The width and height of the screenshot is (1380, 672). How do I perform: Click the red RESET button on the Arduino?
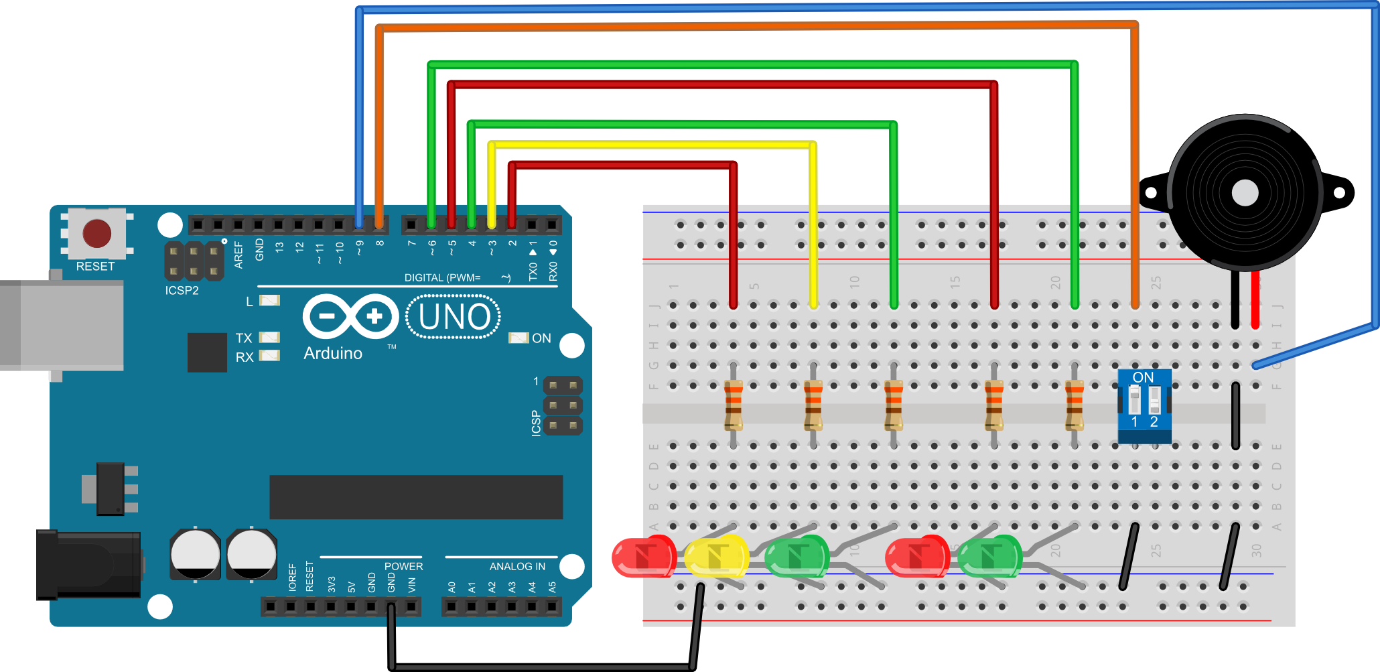point(97,233)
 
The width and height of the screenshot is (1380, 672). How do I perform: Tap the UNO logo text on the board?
point(454,317)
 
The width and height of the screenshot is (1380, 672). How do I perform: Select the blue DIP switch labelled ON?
point(1144,405)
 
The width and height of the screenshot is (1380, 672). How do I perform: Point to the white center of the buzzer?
point(1245,193)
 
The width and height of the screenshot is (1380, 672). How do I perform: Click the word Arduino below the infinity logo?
point(333,353)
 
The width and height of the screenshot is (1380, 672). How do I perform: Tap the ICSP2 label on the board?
point(182,291)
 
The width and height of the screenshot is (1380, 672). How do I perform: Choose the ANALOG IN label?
point(517,567)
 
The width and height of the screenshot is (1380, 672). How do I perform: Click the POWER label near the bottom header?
point(403,567)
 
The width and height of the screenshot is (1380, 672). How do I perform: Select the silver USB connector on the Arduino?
point(62,325)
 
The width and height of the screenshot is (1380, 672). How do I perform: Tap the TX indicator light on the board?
point(269,338)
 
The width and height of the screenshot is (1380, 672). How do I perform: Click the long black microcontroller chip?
point(416,497)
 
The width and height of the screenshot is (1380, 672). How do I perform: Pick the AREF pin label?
point(238,255)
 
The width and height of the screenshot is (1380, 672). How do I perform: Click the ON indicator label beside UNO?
point(541,338)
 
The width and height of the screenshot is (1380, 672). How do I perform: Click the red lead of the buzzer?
point(1255,300)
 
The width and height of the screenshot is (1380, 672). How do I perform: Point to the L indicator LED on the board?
point(269,300)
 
